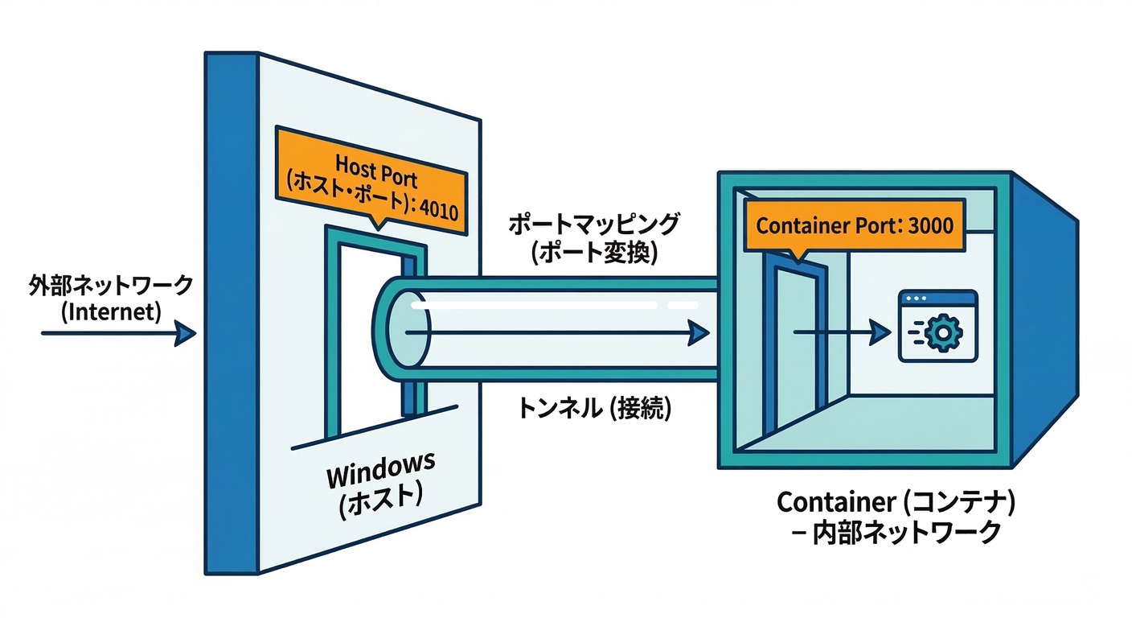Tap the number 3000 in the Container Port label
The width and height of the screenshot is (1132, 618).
(x=929, y=225)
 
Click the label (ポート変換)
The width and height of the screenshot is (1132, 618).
(x=594, y=254)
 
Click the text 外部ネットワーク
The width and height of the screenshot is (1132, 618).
(x=110, y=285)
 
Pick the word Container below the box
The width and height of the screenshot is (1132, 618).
(x=834, y=503)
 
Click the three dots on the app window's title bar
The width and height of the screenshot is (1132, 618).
(x=913, y=299)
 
